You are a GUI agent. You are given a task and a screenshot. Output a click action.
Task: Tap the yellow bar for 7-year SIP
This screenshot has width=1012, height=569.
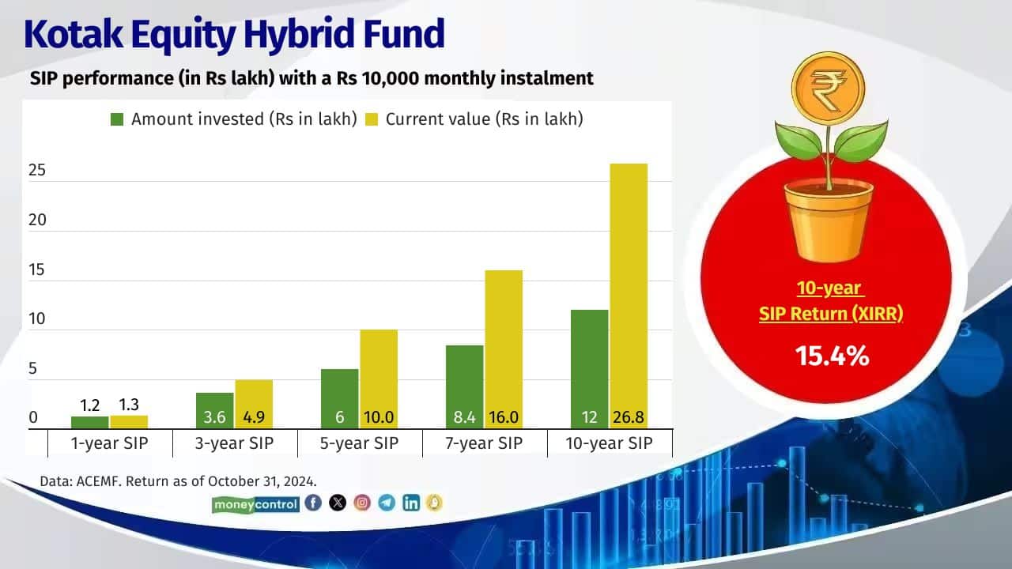pyautogui.click(x=504, y=340)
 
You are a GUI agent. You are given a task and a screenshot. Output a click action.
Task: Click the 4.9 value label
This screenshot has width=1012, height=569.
pyautogui.click(x=254, y=417)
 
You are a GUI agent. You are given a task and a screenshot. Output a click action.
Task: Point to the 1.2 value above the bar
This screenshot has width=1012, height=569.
pyautogui.click(x=89, y=406)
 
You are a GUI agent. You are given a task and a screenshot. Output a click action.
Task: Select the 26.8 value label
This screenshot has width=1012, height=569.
pyautogui.click(x=629, y=417)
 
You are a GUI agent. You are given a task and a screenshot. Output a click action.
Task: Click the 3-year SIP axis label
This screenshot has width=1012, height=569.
pyautogui.click(x=235, y=443)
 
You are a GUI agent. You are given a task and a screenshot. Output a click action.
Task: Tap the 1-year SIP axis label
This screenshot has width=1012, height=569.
pyautogui.click(x=109, y=443)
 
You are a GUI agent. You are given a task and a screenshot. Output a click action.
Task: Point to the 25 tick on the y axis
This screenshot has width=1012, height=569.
pyautogui.click(x=37, y=171)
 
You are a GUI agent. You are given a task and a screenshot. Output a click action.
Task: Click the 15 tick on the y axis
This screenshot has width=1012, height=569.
pyautogui.click(x=37, y=270)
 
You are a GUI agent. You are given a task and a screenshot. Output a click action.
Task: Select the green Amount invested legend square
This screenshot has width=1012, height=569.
pyautogui.click(x=117, y=119)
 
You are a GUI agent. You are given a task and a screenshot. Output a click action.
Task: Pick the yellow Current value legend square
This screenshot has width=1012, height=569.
pyautogui.click(x=372, y=119)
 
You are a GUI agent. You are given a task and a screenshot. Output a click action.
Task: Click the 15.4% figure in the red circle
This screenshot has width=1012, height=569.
pyautogui.click(x=833, y=356)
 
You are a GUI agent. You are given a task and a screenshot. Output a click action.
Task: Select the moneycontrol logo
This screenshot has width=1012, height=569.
pyautogui.click(x=256, y=503)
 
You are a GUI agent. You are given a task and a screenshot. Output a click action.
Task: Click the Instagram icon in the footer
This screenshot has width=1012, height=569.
pyautogui.click(x=362, y=503)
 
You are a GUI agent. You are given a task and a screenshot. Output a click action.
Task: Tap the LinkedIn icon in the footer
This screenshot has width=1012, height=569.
pyautogui.click(x=410, y=503)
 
